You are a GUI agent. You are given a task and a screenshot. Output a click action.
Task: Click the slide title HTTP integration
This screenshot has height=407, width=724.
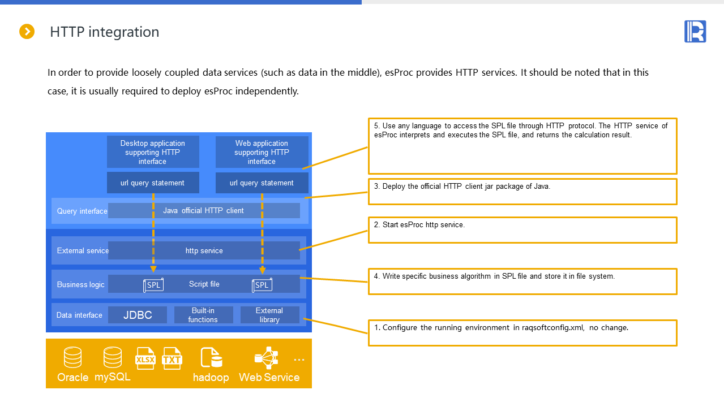(104, 32)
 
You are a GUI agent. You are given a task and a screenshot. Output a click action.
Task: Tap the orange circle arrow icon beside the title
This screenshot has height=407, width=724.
(27, 32)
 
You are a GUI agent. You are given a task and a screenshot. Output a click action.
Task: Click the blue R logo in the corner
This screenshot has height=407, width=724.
(695, 32)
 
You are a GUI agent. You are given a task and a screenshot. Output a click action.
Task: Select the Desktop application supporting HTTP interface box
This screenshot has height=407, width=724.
(153, 152)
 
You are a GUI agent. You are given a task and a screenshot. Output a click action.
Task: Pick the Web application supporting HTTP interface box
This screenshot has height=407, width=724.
(262, 152)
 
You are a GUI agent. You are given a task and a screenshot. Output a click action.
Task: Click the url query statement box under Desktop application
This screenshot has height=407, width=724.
(153, 183)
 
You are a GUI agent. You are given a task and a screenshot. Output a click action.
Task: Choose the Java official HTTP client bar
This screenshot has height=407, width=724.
(204, 210)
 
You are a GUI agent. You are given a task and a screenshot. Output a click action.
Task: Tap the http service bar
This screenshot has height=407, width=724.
(204, 250)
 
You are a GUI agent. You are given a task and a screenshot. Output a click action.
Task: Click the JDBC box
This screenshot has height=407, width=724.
(138, 315)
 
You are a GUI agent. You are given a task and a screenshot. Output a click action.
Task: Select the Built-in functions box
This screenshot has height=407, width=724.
(203, 315)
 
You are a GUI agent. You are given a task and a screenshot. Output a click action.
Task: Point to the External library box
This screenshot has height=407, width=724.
(269, 315)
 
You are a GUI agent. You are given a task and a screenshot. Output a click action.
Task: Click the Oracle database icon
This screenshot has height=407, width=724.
(72, 358)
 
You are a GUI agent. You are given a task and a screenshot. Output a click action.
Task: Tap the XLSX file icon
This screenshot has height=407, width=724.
(145, 358)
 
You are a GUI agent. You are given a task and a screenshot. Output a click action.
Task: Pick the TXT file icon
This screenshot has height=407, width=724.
(172, 358)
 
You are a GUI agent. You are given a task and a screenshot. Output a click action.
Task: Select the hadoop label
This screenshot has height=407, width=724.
(211, 378)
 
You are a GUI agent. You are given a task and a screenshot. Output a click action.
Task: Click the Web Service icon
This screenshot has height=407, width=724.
(267, 358)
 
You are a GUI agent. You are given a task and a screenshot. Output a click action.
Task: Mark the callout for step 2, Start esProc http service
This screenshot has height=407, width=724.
(522, 230)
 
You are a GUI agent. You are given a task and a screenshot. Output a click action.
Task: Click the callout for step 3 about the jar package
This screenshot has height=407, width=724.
(522, 192)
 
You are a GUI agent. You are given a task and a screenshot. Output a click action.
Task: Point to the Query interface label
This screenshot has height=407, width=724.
(82, 211)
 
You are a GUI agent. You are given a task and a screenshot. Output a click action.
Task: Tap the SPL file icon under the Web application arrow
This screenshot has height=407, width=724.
(262, 285)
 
